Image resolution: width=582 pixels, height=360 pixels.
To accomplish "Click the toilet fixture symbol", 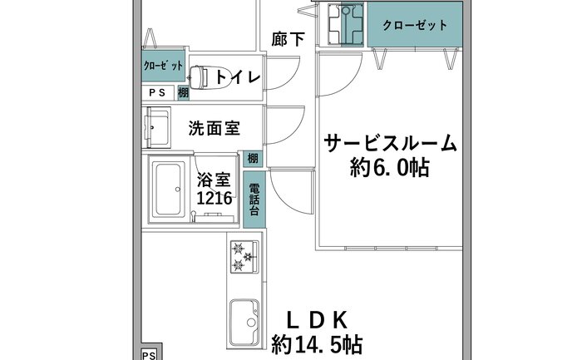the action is (x=200, y=77).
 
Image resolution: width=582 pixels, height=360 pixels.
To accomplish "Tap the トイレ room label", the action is (x=238, y=76).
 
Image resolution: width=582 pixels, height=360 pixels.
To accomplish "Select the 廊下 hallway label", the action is (x=288, y=39).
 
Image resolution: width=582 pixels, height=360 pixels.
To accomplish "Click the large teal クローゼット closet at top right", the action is (x=415, y=24).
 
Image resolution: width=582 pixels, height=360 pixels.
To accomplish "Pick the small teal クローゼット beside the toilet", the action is (x=164, y=66).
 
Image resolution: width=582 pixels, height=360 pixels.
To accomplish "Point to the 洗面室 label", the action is (x=215, y=128).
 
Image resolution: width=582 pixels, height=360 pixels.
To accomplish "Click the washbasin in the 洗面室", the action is (x=158, y=127).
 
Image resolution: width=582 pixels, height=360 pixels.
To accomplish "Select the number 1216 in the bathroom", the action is (x=215, y=198).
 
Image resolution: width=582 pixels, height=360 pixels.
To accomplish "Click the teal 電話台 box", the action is (x=254, y=200).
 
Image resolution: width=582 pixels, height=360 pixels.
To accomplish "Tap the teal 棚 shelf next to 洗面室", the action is (x=253, y=159).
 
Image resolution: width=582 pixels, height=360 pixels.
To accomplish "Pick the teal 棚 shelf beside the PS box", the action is (x=183, y=92).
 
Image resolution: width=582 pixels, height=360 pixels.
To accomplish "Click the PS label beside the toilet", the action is (x=157, y=92).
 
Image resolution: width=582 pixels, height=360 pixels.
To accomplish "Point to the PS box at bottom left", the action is (x=149, y=353).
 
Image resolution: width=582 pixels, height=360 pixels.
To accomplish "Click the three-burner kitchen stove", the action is (x=244, y=256).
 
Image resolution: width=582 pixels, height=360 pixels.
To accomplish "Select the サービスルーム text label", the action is (x=390, y=143).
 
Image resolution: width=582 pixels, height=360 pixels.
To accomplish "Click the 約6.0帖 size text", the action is (x=390, y=168).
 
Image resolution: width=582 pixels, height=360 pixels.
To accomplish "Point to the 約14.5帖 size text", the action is (x=317, y=345).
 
